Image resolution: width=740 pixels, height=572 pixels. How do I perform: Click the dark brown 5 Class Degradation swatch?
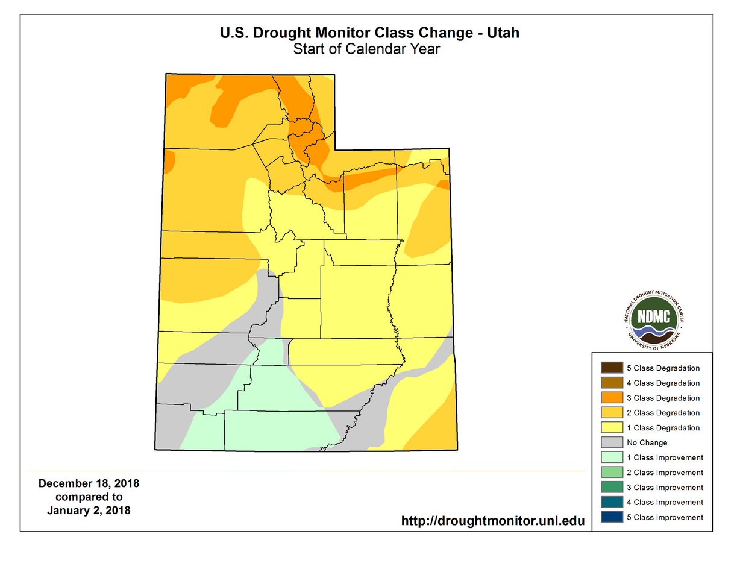[x=612, y=368]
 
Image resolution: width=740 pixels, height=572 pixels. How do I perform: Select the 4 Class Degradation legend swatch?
[x=612, y=383]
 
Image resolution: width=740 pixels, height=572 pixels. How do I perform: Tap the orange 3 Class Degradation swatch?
[x=612, y=398]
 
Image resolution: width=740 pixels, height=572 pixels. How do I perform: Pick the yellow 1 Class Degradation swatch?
[x=612, y=427]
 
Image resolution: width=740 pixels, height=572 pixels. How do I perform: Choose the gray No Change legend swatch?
[x=612, y=442]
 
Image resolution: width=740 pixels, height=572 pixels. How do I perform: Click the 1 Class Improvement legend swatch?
[x=612, y=457]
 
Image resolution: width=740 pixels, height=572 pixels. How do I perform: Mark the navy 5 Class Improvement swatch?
[x=612, y=517]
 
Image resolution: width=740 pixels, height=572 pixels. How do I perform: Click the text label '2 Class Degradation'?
[x=663, y=413]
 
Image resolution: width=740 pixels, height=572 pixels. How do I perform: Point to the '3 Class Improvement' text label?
[x=665, y=488]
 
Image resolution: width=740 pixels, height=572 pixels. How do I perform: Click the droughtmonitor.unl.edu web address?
[x=493, y=520]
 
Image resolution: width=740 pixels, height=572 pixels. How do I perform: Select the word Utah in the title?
[x=503, y=33]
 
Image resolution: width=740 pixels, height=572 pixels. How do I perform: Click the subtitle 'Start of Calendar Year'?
[x=366, y=49]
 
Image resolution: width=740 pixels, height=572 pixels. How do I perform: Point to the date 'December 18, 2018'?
[x=89, y=484]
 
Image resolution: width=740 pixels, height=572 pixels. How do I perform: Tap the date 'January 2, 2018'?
[x=89, y=511]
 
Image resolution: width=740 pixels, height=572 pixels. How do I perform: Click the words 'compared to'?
[x=89, y=497]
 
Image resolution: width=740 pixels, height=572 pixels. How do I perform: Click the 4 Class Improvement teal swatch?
[x=612, y=502]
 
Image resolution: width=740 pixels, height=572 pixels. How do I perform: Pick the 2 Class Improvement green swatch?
[x=612, y=473]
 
